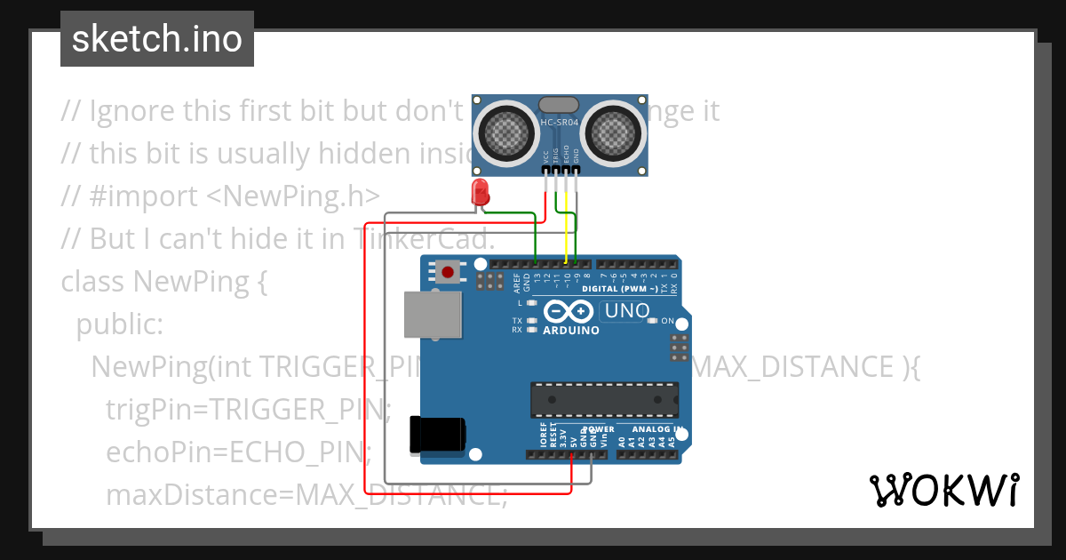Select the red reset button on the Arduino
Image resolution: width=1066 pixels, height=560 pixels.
[x=449, y=271]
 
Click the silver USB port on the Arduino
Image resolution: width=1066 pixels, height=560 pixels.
[x=433, y=316]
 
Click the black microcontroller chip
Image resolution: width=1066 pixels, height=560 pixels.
[x=604, y=400]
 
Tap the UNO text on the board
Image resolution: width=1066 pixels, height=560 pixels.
[x=625, y=311]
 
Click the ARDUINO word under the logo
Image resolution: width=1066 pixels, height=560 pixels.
[x=570, y=330]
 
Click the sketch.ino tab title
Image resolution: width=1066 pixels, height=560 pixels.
[x=157, y=39]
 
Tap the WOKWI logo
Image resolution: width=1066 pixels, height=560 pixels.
[x=943, y=490]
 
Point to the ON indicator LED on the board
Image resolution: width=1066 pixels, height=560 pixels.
[x=653, y=321]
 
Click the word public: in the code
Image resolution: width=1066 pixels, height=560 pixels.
[x=120, y=324]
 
